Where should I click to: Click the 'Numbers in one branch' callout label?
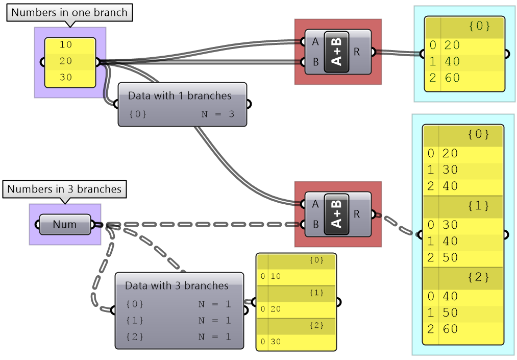[x=69, y=13]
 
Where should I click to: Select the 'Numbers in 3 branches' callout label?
[x=64, y=189]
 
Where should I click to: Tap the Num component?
[x=65, y=225]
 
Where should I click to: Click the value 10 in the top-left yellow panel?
[x=66, y=45]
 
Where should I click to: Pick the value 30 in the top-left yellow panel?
[x=66, y=78]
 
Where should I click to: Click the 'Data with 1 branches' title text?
[x=180, y=95]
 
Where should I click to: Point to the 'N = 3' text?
[x=218, y=114]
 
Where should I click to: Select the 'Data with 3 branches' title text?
[x=177, y=285]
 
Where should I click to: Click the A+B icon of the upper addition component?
[x=336, y=52]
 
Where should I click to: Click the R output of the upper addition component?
[x=356, y=52]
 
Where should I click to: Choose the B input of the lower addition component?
[x=315, y=224]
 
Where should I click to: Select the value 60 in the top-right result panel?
[x=452, y=78]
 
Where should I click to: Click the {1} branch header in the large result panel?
[x=478, y=206]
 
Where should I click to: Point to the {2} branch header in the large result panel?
[x=478, y=277]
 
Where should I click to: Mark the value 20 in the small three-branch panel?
[x=276, y=309]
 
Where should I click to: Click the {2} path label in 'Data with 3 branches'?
[x=135, y=337]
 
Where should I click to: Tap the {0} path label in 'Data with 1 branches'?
[x=138, y=114]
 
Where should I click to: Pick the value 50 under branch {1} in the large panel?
[x=450, y=257]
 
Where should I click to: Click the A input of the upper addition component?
[x=315, y=42]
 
